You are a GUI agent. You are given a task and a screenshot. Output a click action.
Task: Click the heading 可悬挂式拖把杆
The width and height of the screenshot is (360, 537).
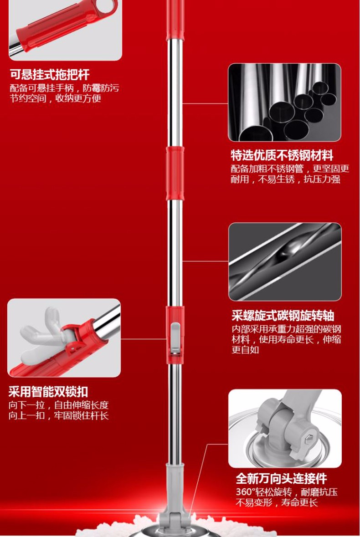50,75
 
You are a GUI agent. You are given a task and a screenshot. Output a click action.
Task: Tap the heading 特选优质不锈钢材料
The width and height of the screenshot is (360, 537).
282,155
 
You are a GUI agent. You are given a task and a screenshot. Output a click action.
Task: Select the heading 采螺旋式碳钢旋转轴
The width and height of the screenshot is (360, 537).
283,316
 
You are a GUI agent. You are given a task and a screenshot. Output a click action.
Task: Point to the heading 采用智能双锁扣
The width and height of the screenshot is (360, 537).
48,391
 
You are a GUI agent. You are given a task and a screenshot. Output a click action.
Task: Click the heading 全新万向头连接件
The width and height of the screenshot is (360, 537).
281,478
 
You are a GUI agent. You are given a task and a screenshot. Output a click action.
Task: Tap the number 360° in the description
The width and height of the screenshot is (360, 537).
246,492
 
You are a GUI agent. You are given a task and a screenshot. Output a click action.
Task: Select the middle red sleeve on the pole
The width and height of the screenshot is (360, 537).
175,173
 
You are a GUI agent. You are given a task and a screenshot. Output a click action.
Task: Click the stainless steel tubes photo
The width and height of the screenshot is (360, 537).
285,102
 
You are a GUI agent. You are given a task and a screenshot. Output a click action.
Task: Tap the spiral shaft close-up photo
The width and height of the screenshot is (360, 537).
285,262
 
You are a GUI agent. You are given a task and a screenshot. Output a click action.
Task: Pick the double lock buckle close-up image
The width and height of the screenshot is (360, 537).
64,338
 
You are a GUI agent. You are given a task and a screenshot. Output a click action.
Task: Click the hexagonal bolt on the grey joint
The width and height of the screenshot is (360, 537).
308,439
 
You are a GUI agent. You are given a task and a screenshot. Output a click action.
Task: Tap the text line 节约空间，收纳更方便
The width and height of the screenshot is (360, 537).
56,99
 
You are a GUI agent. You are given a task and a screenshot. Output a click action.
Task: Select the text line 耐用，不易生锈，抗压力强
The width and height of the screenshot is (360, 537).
285,179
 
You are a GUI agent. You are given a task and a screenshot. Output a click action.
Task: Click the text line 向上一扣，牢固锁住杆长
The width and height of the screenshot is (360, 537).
59,415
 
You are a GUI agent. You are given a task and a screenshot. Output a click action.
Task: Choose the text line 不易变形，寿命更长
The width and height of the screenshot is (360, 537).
277,502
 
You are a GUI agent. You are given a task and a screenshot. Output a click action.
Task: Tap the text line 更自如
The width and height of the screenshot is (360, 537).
245,349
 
